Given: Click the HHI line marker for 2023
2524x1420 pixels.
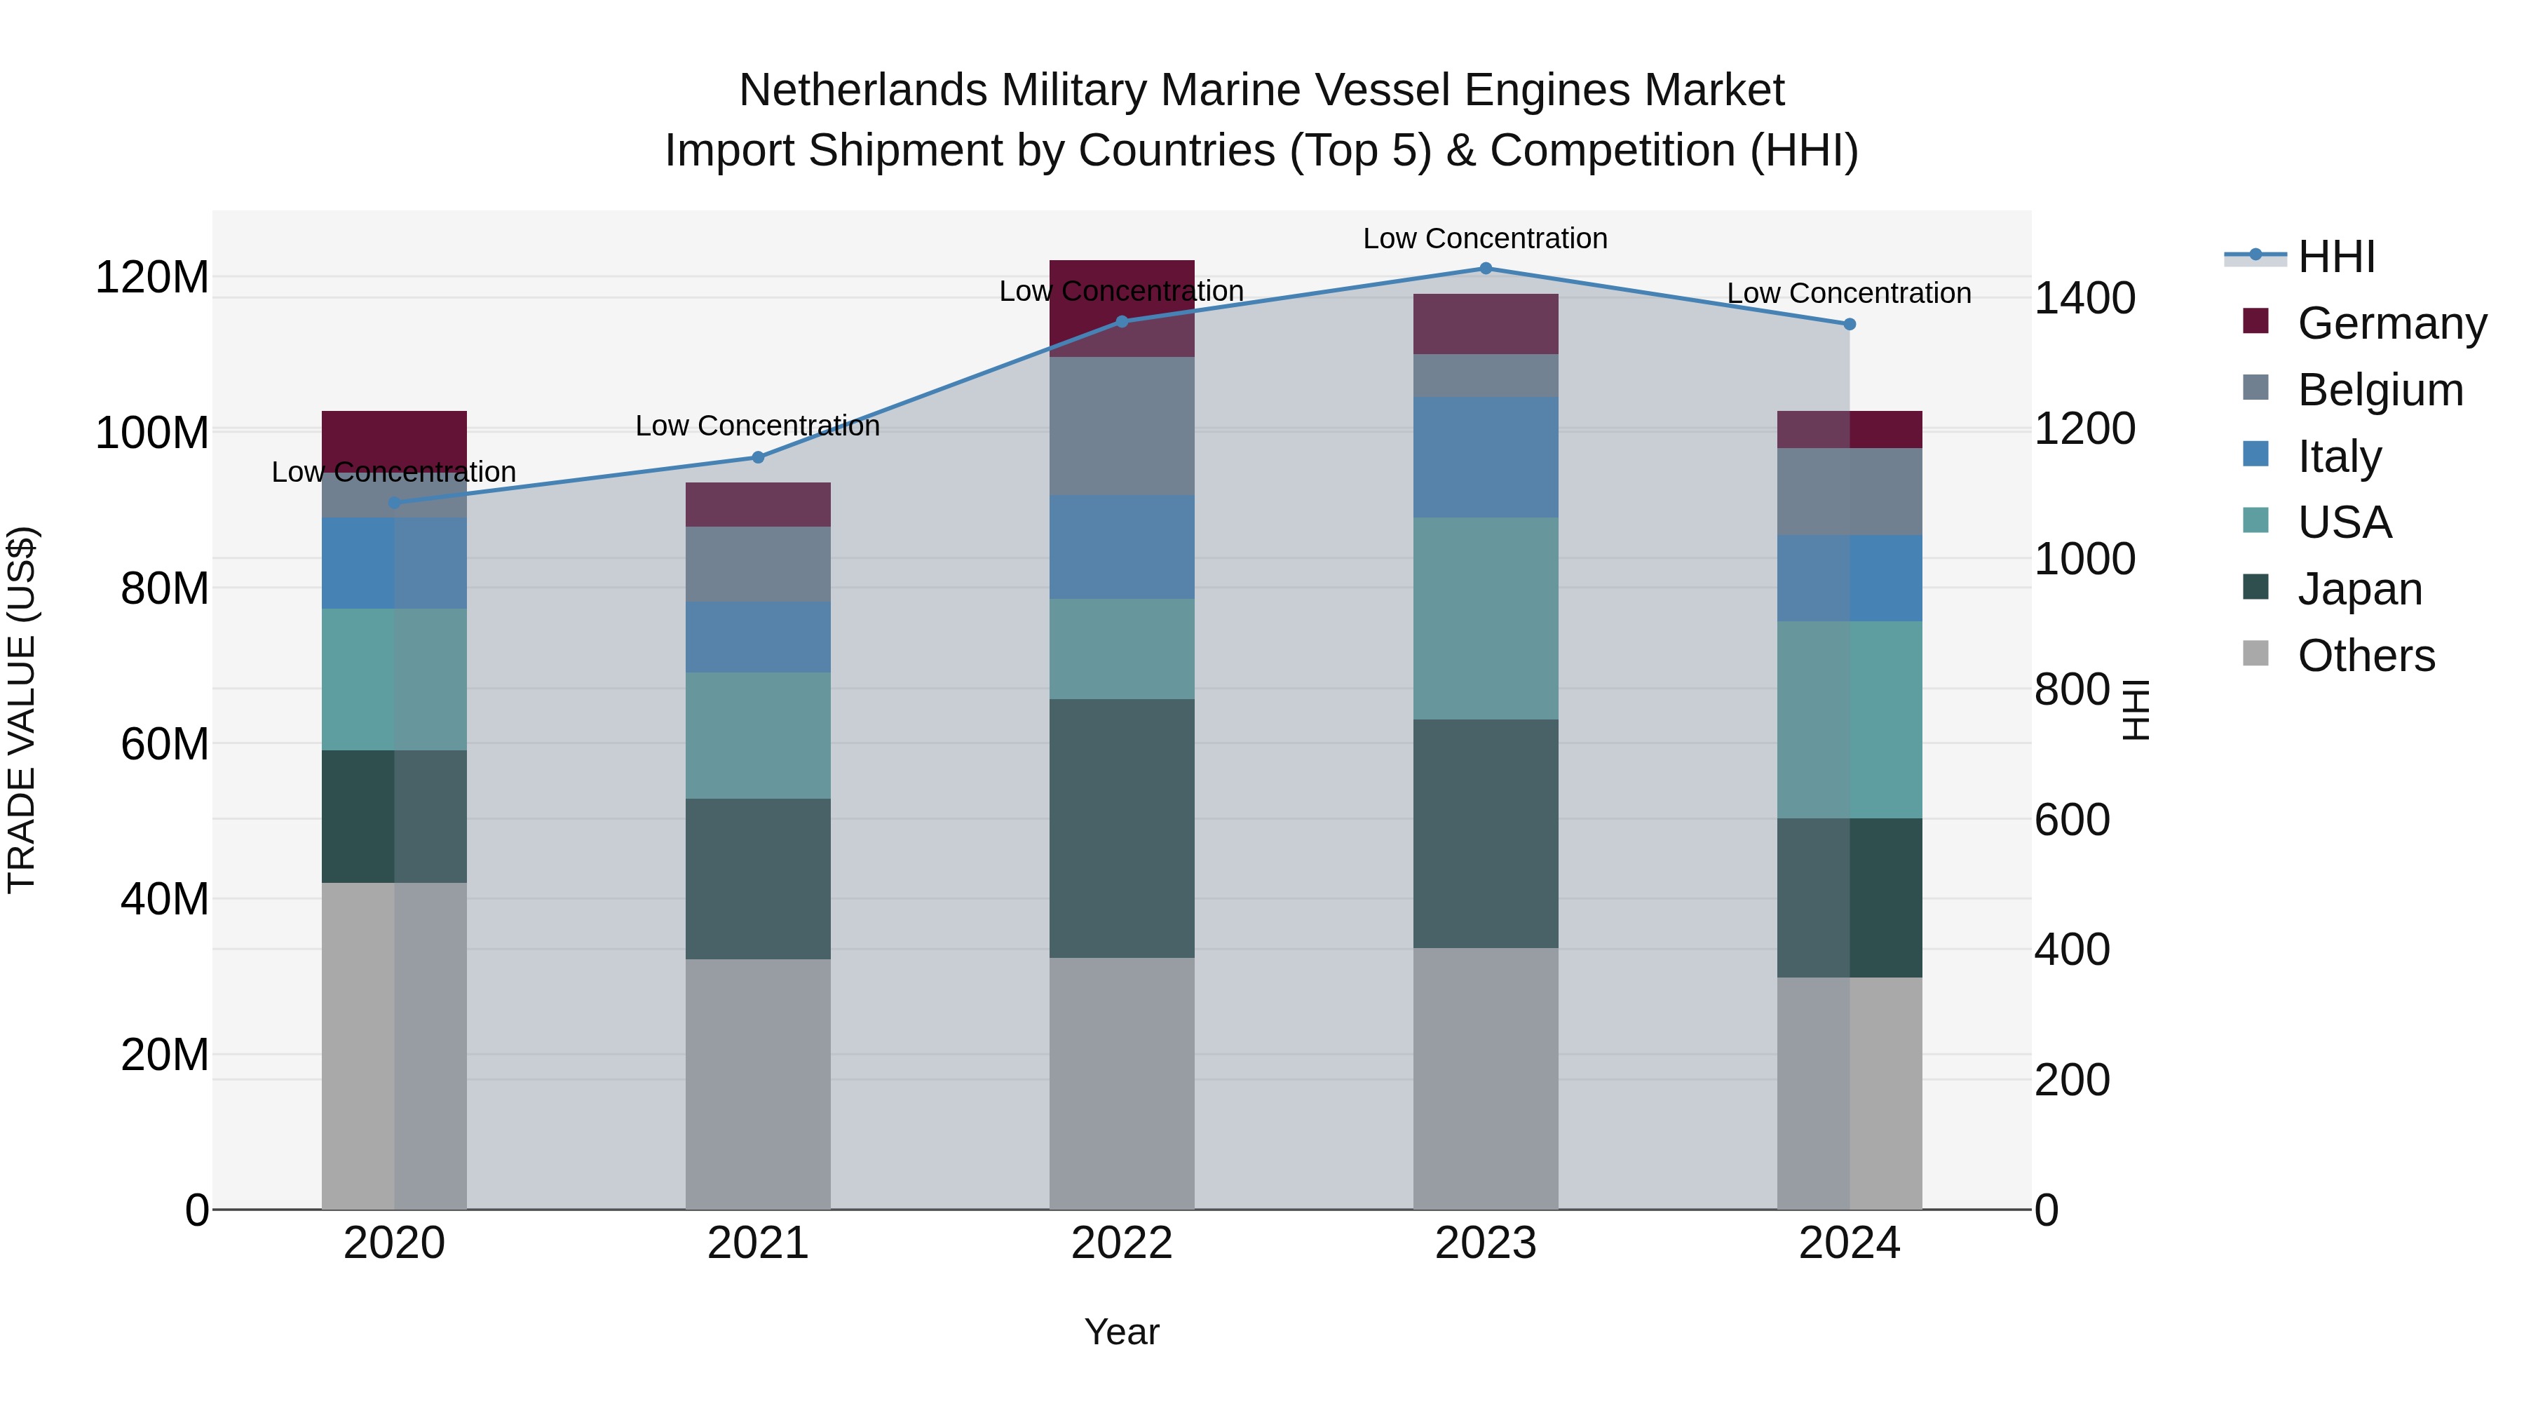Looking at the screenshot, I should click(1486, 269).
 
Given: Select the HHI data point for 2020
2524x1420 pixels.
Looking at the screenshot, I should click(395, 503).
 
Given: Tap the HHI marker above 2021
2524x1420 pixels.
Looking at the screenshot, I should click(757, 457).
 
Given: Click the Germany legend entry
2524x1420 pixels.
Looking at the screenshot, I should click(2391, 323).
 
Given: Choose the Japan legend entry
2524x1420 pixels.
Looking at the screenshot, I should click(2359, 589).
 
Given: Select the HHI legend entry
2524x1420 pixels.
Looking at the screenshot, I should click(2335, 257).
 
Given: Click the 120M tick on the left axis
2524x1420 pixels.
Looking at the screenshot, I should click(152, 277).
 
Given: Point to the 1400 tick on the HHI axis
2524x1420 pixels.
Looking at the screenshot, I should click(2084, 298).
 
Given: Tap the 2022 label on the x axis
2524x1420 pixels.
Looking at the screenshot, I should click(1121, 1243).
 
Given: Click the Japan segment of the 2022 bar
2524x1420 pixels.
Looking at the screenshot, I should click(1121, 828).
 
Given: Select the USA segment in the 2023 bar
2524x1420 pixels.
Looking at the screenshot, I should click(1486, 618).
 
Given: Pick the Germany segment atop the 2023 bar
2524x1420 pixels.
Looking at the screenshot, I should click(1486, 323).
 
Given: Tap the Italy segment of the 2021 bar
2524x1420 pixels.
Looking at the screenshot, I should click(757, 637).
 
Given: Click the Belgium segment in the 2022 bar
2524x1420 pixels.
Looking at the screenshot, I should click(1121, 426).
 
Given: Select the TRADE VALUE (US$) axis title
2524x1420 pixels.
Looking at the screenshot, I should click(22, 710).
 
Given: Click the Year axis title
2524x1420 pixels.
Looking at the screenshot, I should click(1121, 1332).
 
